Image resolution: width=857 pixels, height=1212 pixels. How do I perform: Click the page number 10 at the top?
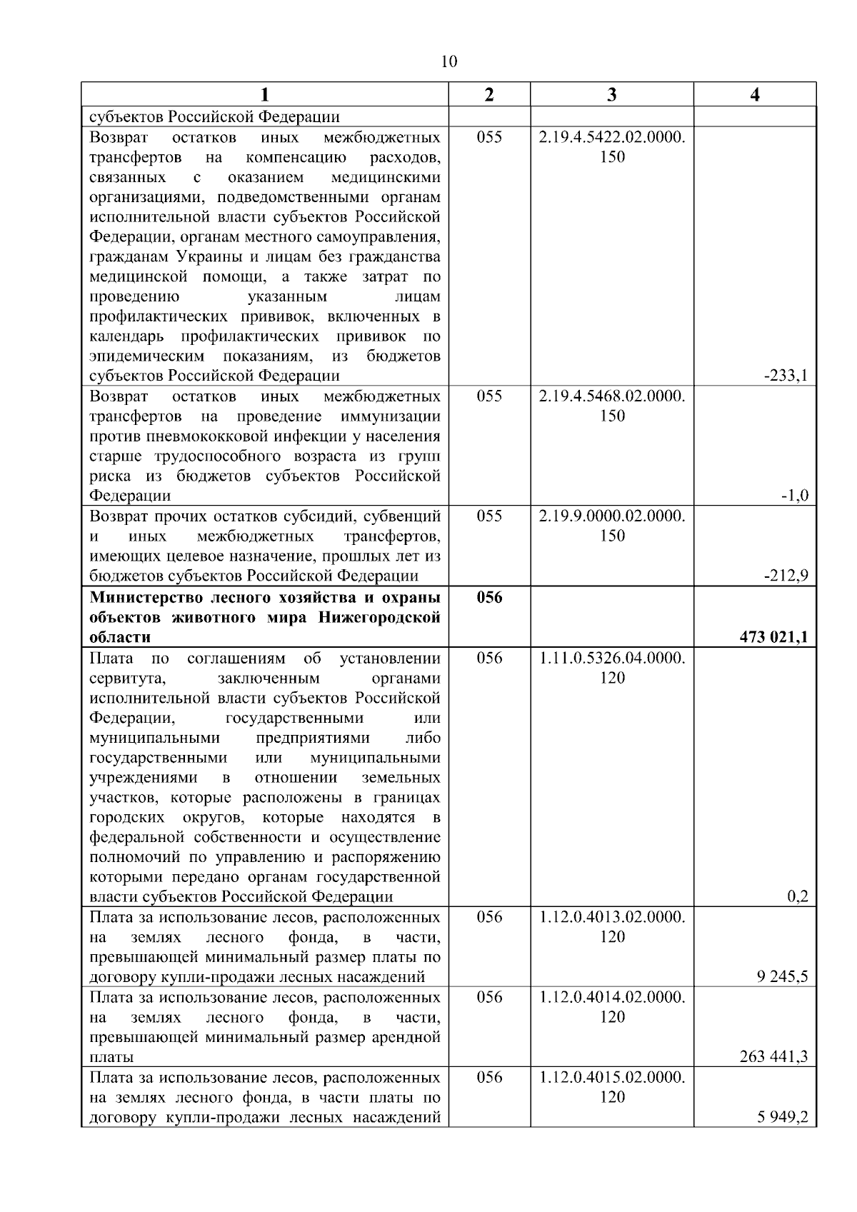[449, 61]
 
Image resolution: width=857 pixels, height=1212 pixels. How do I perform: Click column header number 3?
[612, 96]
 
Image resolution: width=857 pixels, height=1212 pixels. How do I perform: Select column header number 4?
[755, 96]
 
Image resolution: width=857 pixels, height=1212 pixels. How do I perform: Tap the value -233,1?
[786, 376]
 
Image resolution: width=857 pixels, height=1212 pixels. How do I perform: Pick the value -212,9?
[786, 576]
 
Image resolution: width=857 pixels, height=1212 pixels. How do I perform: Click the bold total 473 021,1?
[774, 637]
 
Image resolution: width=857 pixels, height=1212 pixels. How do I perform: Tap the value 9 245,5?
[782, 976]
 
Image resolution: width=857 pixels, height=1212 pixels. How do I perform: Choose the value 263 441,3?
[774, 1056]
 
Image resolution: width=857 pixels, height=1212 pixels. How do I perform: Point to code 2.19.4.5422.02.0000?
[612, 137]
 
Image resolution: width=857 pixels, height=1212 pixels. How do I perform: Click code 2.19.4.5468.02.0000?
[612, 396]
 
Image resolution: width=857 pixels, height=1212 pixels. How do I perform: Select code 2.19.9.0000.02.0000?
[612, 516]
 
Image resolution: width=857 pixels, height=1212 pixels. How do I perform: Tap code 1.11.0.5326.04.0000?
[612, 658]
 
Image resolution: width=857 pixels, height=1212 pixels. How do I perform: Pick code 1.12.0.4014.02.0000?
[612, 997]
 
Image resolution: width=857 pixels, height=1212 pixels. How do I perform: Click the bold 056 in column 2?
[489, 598]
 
